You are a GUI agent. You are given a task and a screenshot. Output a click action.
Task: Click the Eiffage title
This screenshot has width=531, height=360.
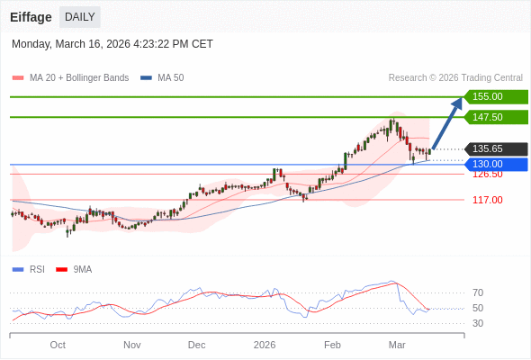31,17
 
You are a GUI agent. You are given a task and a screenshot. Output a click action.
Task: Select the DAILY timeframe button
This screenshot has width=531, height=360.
80,17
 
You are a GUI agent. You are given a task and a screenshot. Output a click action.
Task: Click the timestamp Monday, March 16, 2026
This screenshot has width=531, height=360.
112,44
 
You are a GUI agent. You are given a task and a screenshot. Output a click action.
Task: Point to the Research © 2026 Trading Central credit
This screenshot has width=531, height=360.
455,78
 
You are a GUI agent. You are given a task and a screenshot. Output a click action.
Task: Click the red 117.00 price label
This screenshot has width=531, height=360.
487,200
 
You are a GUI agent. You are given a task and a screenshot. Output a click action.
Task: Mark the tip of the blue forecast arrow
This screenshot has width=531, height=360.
460,100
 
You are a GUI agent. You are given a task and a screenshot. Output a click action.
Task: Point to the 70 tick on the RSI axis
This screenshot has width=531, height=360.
478,292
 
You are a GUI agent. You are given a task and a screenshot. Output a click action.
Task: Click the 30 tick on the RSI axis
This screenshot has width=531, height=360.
478,323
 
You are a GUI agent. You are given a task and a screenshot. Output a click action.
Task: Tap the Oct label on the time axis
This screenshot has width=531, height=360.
58,345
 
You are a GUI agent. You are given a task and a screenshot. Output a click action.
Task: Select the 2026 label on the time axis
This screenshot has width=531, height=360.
265,345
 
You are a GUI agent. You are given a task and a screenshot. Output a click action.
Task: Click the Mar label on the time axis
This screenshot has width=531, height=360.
397,345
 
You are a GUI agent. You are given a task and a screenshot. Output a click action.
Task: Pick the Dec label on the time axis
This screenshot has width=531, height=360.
196,345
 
